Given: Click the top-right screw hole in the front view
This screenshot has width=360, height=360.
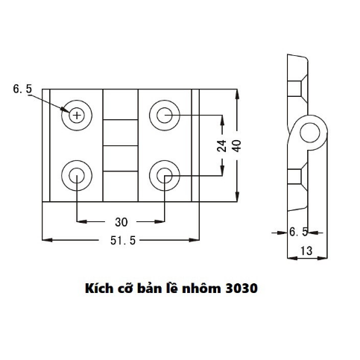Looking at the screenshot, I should pyautogui.click(x=164, y=115).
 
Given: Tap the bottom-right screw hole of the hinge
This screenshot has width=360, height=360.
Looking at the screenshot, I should pyautogui.click(x=164, y=175).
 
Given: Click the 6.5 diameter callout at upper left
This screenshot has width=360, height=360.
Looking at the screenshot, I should pyautogui.click(x=22, y=89).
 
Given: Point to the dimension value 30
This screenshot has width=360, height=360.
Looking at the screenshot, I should pyautogui.click(x=120, y=221).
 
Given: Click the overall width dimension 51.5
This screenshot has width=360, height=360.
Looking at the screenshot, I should pyautogui.click(x=120, y=240).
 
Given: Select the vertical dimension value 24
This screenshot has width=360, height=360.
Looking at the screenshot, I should pyautogui.click(x=221, y=146).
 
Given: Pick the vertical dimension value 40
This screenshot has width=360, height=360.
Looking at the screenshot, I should pyautogui.click(x=238, y=146).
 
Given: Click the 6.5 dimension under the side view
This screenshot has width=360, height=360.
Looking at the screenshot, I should pyautogui.click(x=298, y=233).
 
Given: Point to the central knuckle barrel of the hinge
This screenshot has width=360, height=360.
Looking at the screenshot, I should pyautogui.click(x=120, y=145).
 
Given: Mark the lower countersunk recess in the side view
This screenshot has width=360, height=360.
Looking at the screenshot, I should pyautogui.click(x=297, y=177).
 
